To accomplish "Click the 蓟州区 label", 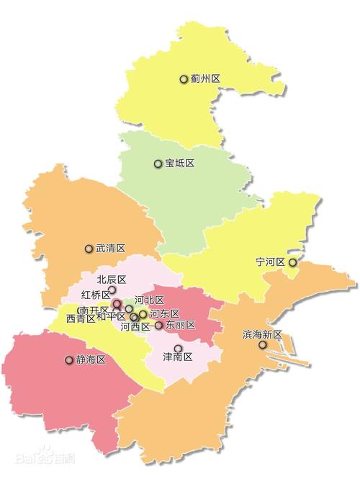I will (x=205, y=79).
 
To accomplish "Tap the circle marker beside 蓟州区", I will (x=184, y=79).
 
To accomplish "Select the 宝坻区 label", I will (x=180, y=164).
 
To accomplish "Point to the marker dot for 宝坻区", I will (x=158, y=164).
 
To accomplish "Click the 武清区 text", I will (x=111, y=249).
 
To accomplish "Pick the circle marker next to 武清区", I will (x=89, y=249).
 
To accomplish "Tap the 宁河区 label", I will (x=271, y=262).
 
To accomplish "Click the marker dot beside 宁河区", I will (x=292, y=262).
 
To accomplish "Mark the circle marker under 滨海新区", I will (x=263, y=345).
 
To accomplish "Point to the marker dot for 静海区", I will (x=70, y=359).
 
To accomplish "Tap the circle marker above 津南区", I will (x=178, y=348).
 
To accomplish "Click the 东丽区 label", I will (x=180, y=326).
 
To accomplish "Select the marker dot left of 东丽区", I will (x=159, y=326).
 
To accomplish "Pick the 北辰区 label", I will (x=112, y=280).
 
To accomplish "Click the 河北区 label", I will (x=150, y=300).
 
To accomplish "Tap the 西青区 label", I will (x=81, y=318).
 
